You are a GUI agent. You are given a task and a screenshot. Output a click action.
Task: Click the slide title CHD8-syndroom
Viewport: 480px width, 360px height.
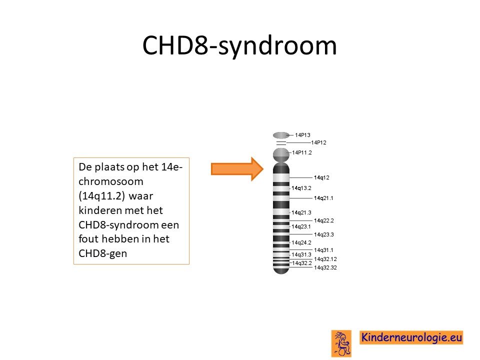point(239,45)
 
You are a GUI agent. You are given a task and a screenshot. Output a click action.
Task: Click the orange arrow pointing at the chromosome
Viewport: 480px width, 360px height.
point(237,168)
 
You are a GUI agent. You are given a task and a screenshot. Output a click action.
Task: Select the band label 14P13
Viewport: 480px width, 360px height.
point(302,135)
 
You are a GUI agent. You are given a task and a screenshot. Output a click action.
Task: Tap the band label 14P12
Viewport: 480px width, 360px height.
point(318,142)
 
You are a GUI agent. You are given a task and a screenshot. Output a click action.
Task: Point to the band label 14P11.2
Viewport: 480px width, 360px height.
point(302,153)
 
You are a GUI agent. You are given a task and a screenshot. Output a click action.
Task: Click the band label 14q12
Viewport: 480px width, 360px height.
point(321,177)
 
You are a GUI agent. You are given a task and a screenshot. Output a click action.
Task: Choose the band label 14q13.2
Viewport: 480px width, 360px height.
point(301,188)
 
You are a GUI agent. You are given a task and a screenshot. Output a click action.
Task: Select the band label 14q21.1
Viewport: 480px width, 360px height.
point(323,198)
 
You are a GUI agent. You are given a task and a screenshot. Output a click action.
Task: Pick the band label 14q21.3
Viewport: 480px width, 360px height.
point(301,212)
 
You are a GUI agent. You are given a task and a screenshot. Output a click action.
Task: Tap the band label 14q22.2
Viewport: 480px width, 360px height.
point(324,220)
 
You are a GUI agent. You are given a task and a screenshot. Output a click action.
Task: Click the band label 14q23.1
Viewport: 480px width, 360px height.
point(301,226)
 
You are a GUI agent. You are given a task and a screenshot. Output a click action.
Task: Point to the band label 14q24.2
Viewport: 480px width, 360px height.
point(301,242)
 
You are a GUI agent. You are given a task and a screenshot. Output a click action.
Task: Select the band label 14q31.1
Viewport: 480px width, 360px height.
point(323,250)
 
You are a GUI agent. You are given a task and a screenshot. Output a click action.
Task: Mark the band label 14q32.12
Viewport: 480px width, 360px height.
point(325,259)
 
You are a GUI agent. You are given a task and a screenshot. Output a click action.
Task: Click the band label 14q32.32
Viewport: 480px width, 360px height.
point(325,267)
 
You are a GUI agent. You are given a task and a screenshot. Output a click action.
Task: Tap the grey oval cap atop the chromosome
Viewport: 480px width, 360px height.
point(281,135)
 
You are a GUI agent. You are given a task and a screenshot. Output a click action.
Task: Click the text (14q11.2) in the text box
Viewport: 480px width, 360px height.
point(101,196)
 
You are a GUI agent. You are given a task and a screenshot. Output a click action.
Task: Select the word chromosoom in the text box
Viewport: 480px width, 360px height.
point(111,181)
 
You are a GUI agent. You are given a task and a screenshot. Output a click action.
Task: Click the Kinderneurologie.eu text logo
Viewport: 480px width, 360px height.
point(411,337)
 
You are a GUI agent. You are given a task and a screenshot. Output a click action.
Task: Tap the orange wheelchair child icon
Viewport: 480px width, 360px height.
point(341,343)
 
